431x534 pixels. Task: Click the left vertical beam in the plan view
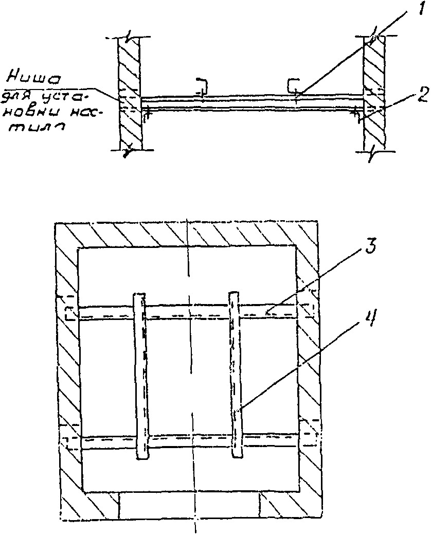(141, 376)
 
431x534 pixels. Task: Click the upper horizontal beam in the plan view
(190, 312)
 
